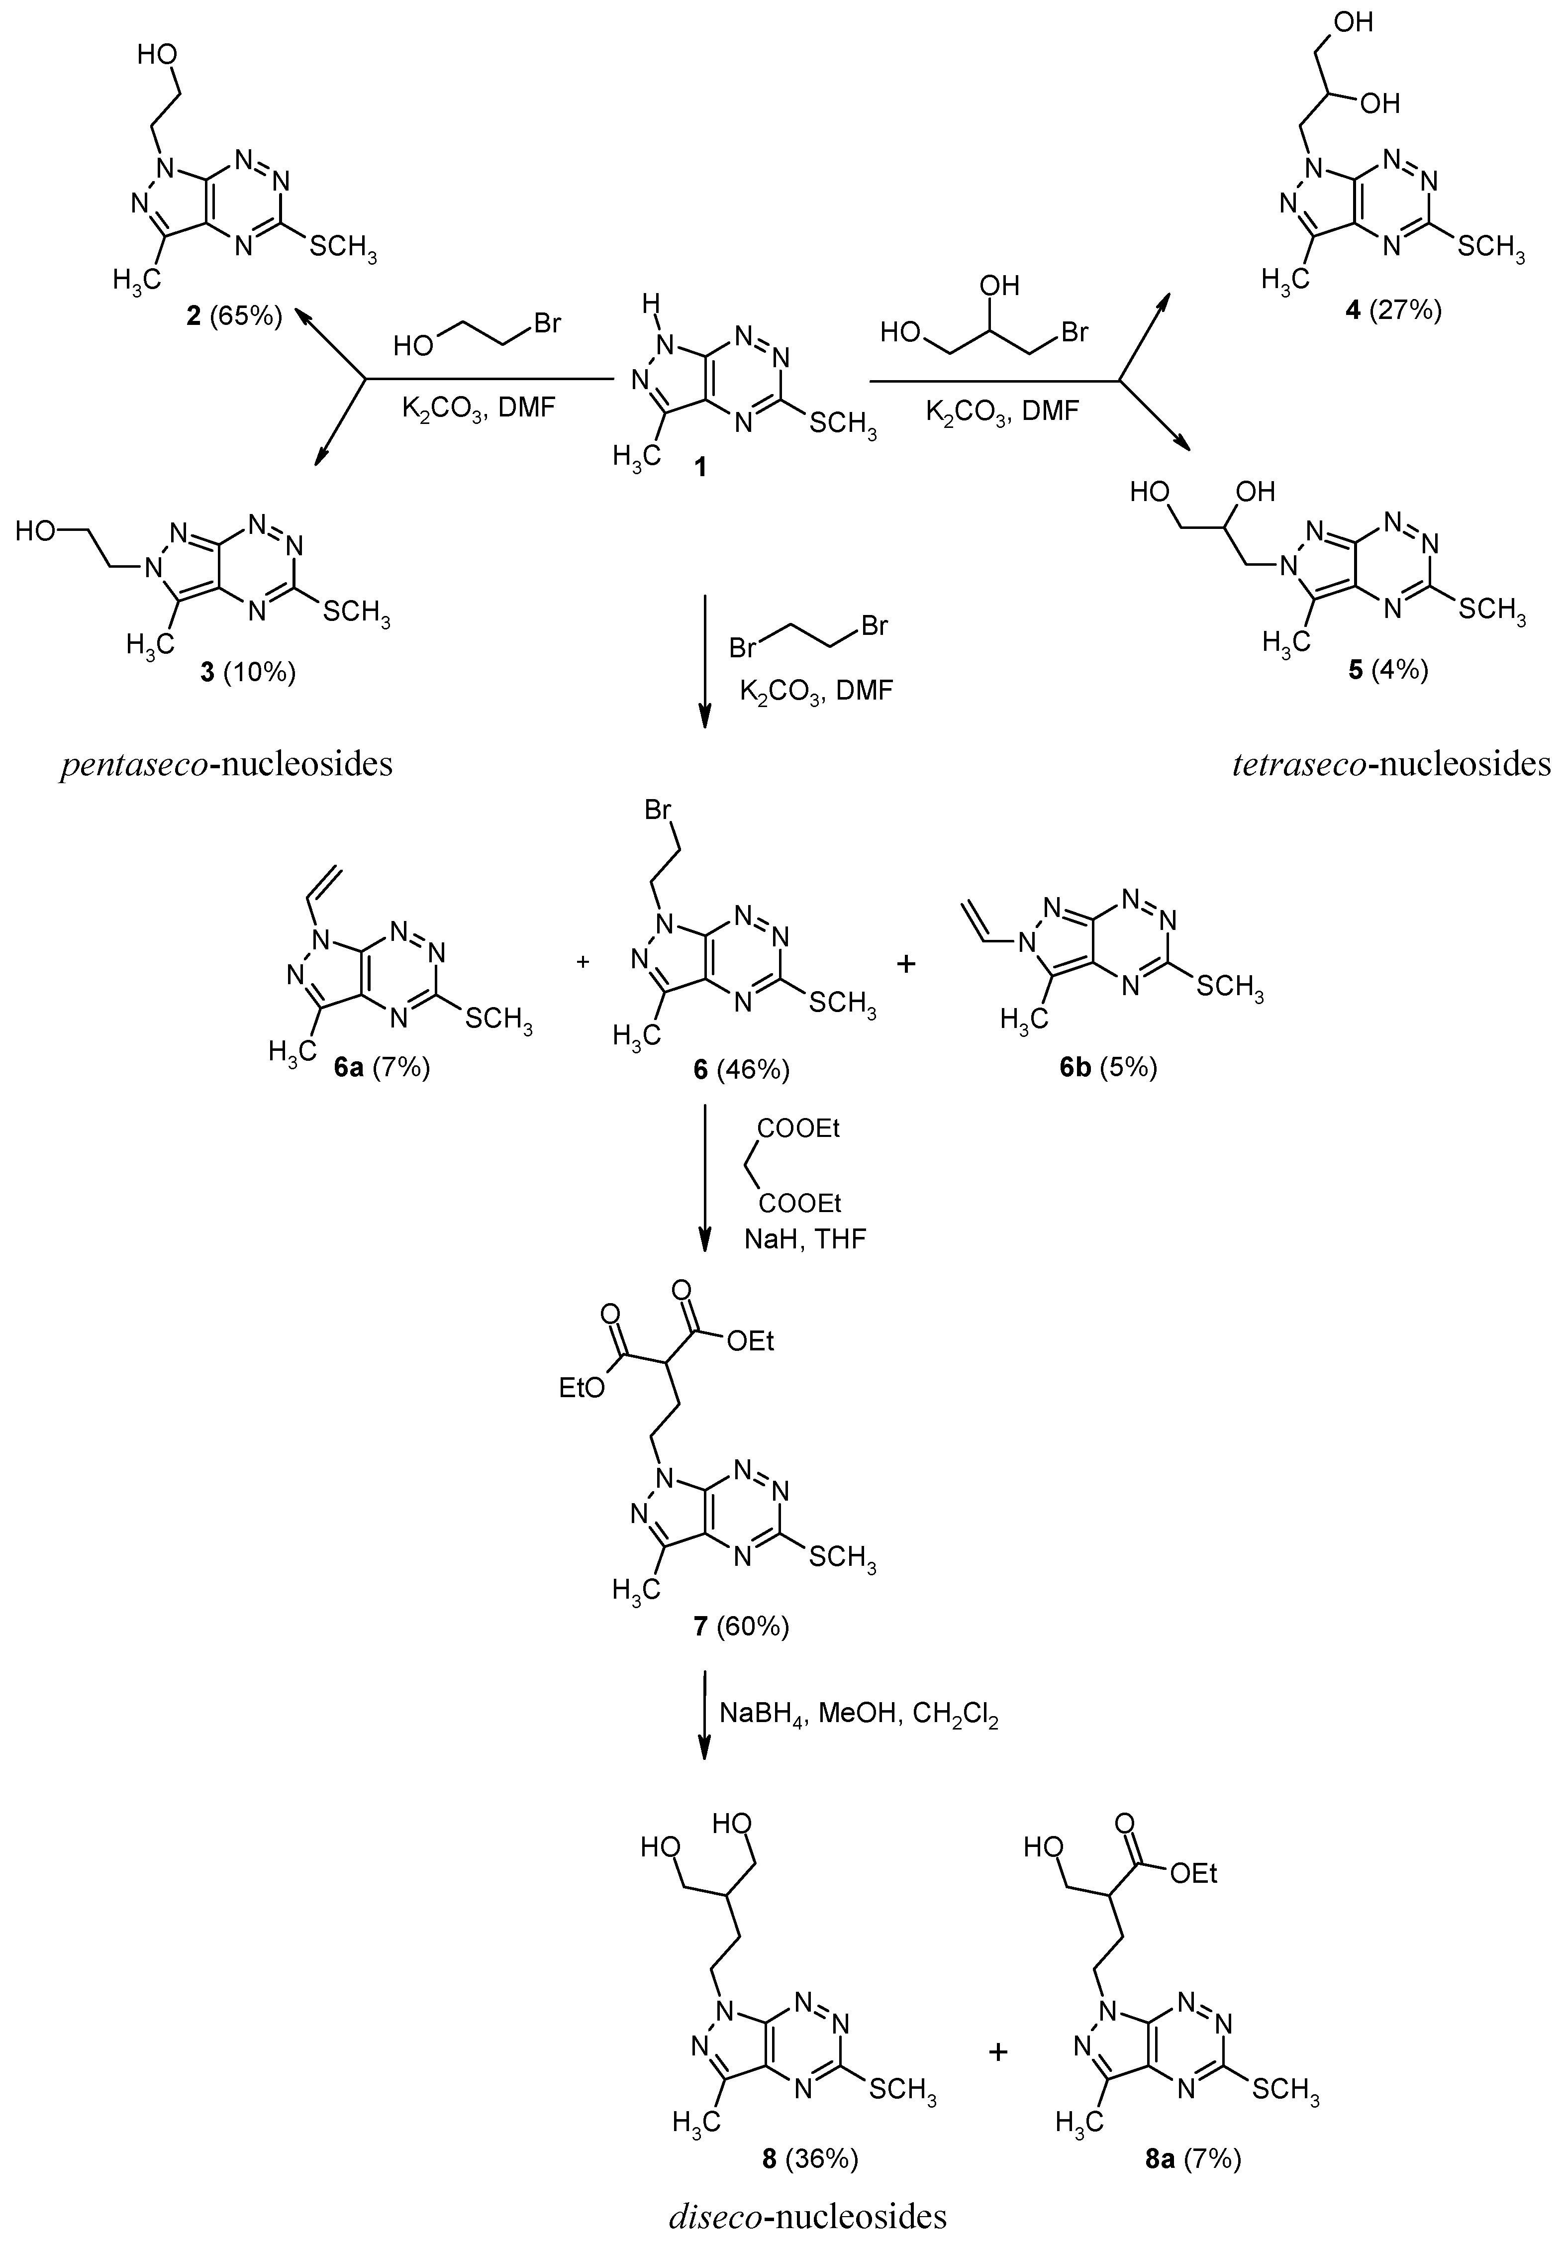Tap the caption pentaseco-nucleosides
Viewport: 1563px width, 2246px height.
(x=226, y=764)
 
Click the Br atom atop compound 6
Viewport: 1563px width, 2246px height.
(x=657, y=812)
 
